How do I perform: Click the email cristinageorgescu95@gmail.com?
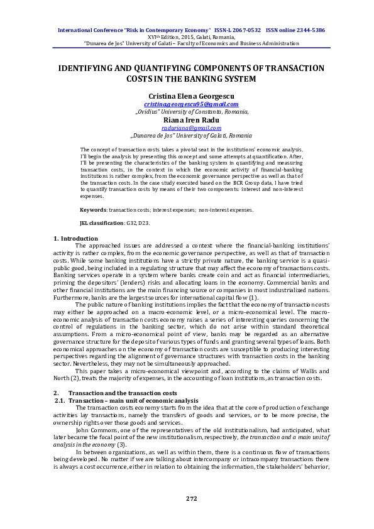pyautogui.click(x=191, y=104)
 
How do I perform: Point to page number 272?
pyautogui.click(x=192, y=498)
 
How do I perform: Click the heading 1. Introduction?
pyautogui.click(x=75, y=238)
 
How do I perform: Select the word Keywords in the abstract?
pyautogui.click(x=92, y=209)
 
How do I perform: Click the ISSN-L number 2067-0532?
pyautogui.click(x=246, y=30)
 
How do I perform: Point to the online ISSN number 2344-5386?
pyautogui.click(x=309, y=30)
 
